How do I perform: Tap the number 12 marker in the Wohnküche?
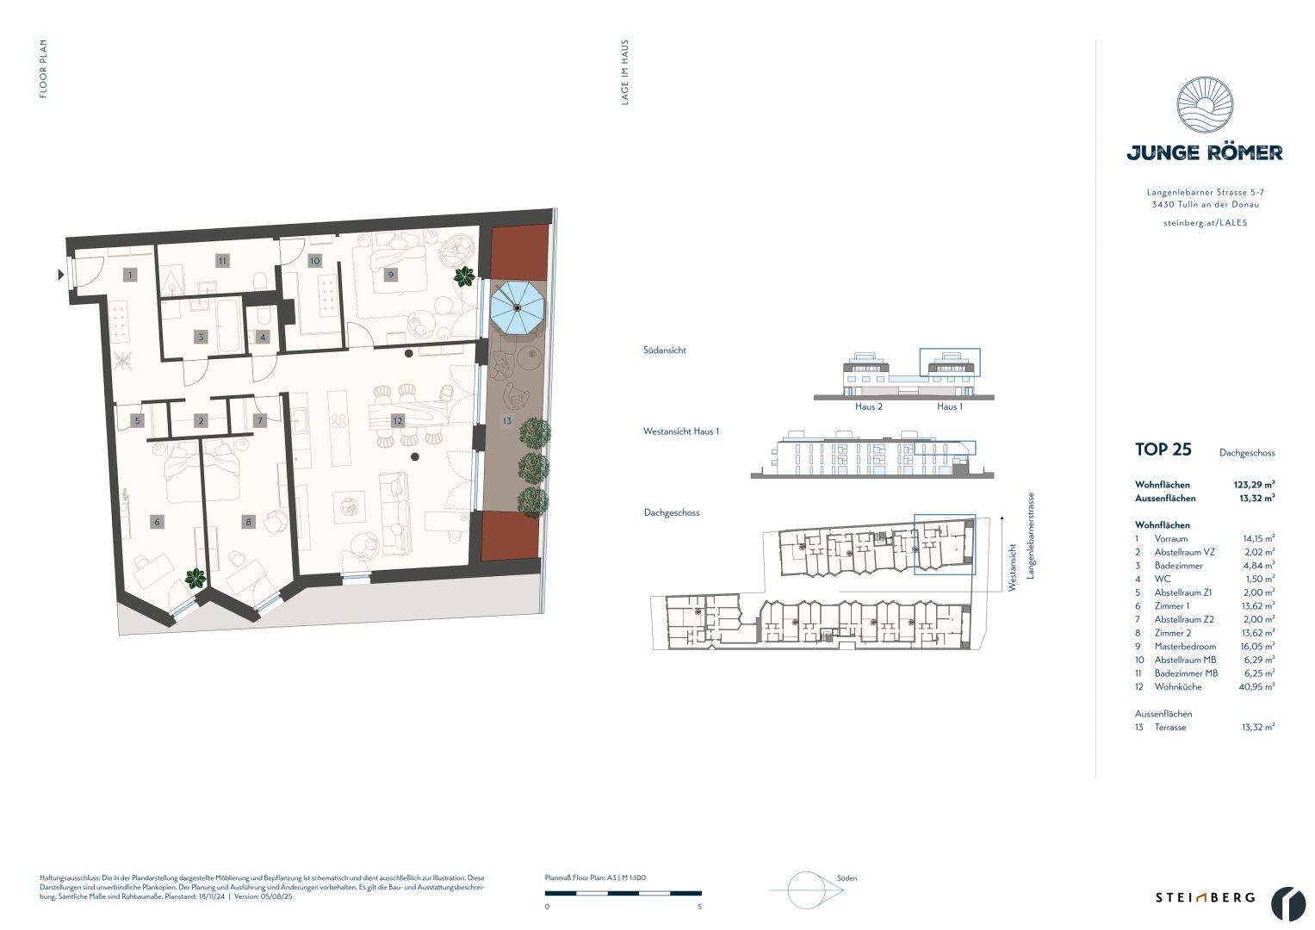(397, 421)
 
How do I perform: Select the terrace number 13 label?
(508, 421)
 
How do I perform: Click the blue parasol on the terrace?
(517, 307)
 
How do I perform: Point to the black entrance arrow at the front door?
(60, 275)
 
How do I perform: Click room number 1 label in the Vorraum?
(130, 275)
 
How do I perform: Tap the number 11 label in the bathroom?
(222, 260)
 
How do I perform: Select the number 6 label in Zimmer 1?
(156, 522)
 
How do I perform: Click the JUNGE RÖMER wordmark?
(1205, 153)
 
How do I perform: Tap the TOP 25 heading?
(1163, 449)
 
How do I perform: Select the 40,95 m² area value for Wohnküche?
(1257, 686)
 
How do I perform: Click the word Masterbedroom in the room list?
(1185, 646)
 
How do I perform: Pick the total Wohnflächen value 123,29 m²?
(1254, 485)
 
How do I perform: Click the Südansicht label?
(664, 350)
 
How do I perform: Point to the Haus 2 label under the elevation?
(868, 406)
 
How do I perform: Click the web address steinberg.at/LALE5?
(1205, 223)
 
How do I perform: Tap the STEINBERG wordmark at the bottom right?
(1205, 897)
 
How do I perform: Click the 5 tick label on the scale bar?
(699, 907)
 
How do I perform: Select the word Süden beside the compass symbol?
(847, 878)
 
